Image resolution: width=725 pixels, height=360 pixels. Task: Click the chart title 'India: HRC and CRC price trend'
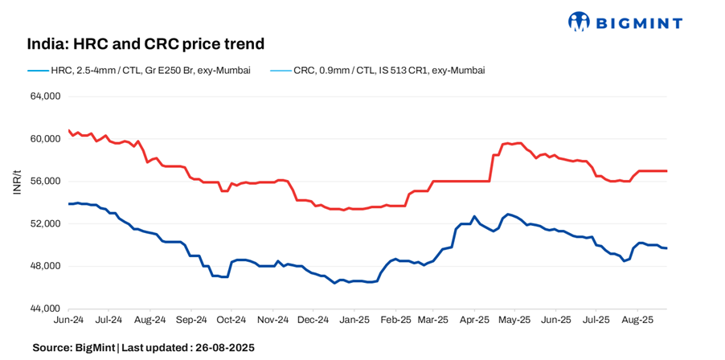(145, 43)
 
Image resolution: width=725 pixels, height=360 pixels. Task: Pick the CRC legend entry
(376, 71)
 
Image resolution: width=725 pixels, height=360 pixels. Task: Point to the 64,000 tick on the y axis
(45, 96)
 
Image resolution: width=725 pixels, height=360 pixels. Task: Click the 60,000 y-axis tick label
(45, 139)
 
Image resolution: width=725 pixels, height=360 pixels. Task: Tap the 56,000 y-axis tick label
(45, 182)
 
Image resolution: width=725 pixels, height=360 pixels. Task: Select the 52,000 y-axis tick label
(45, 223)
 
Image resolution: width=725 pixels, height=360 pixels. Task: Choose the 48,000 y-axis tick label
(45, 266)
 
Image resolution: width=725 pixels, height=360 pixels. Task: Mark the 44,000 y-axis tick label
(45, 309)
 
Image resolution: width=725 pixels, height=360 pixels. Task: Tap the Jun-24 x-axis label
(68, 319)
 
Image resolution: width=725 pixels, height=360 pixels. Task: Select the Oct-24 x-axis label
(231, 319)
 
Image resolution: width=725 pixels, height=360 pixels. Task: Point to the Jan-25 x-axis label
(354, 319)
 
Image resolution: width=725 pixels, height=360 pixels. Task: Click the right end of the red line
(666, 171)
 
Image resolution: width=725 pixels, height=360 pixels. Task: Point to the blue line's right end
(666, 247)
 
